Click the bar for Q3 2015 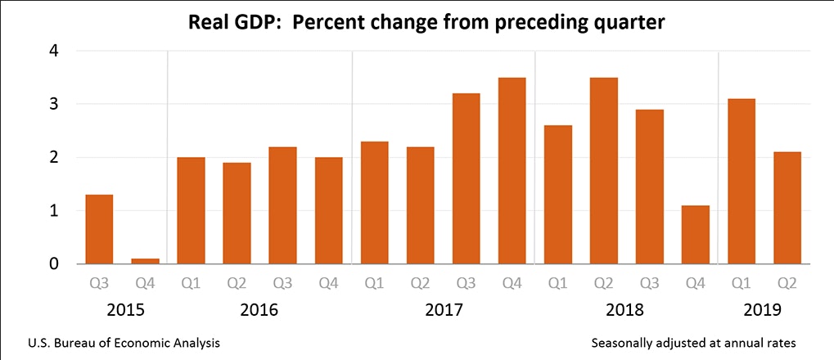[x=100, y=229]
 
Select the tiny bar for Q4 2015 [x=146, y=261]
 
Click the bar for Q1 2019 [x=742, y=181]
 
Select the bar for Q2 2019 [x=787, y=208]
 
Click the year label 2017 [x=443, y=311]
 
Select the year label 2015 [x=123, y=311]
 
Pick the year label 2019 [x=764, y=311]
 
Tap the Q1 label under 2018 [x=558, y=284]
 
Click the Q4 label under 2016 [x=329, y=284]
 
